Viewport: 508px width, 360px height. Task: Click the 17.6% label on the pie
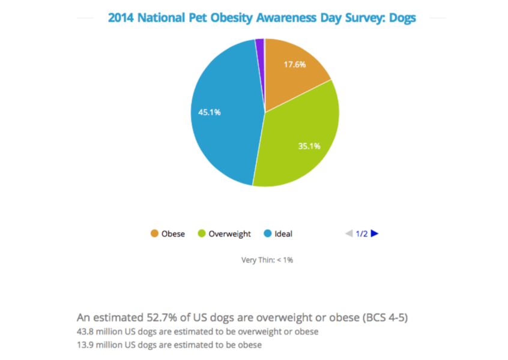[295, 64]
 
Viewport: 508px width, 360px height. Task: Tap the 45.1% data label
[210, 112]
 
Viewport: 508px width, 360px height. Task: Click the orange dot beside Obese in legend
[154, 233]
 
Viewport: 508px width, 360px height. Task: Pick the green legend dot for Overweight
[202, 233]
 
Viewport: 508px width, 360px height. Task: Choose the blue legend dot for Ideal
[268, 233]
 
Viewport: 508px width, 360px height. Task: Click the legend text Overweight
[229, 234]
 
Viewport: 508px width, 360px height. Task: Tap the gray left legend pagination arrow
[349, 233]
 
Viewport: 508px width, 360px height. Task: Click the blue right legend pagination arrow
[375, 233]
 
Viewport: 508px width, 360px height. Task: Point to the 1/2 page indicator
[361, 234]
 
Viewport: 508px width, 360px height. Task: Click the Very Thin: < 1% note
[267, 260]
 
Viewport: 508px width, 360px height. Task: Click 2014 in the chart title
[121, 18]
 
